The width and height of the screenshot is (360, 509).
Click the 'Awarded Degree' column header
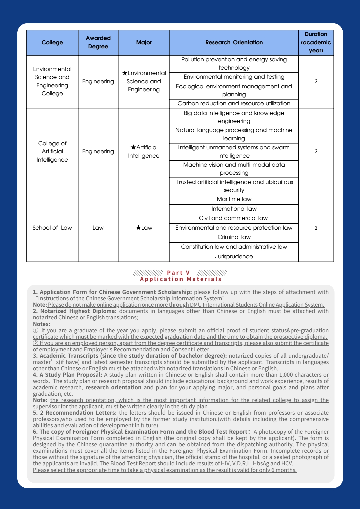click(98, 42)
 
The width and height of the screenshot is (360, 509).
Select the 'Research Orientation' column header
click(234, 42)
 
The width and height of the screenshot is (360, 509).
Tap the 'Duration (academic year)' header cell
click(316, 42)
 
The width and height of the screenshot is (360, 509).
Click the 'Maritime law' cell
click(234, 199)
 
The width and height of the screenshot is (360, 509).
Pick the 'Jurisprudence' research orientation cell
click(234, 257)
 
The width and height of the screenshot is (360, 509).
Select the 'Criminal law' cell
click(234, 237)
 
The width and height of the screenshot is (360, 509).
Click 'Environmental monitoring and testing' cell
click(234, 77)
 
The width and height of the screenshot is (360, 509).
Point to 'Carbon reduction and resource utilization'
click(234, 104)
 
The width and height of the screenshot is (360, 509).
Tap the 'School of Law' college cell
click(52, 228)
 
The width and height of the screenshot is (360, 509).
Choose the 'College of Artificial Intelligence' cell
click(52, 152)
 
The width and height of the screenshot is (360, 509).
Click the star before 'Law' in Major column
click(138, 228)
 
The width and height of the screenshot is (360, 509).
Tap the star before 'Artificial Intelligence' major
click(133, 147)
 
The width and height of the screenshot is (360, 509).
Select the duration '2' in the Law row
click(316, 228)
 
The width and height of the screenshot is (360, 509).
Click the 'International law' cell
click(234, 209)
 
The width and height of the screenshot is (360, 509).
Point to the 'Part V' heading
click(178, 273)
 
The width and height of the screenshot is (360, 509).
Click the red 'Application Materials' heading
click(181, 279)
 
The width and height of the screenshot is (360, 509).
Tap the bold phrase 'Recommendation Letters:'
click(81, 413)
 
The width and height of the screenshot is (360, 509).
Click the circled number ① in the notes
click(36, 330)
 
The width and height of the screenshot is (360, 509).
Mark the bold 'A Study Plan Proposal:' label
click(71, 375)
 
